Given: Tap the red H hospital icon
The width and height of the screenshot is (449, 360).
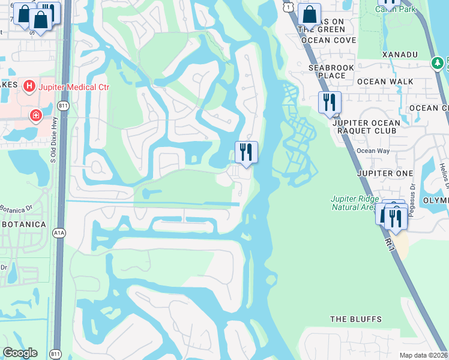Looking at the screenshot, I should pos(28,87).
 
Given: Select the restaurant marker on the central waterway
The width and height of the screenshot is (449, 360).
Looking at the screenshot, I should pos(246,152).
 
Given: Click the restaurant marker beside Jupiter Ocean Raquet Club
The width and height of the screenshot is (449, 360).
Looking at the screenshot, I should pos(330,103).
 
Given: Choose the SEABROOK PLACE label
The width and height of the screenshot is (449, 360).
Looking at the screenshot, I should pos(327,72).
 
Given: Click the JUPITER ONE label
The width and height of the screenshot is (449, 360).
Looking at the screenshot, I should pos(385,173).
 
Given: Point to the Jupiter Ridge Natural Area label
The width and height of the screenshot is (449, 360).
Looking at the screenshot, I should pos(355,203).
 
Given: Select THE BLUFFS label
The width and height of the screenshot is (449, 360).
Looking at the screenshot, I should pos(356,319).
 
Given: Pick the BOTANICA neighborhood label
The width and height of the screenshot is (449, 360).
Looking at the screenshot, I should pos(23,224).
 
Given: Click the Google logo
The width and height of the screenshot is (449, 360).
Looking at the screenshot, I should pos(19,353).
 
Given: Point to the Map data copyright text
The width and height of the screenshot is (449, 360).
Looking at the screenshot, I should pos(423,355).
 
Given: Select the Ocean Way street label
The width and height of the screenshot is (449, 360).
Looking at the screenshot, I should pos(373,151).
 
